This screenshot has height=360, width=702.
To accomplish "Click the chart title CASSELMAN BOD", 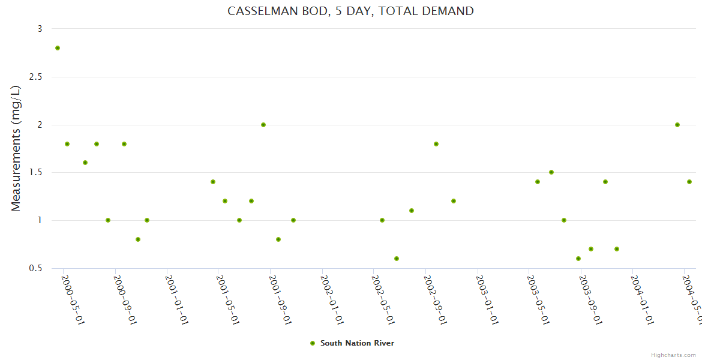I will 350,11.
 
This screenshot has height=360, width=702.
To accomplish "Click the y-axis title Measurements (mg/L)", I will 16,148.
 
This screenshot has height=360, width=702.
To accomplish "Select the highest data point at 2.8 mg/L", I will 58,48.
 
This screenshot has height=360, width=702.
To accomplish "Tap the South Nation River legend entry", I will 356,343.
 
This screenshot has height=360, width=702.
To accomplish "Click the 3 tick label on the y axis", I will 40,29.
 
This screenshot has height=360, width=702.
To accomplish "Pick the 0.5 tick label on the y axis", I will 35,268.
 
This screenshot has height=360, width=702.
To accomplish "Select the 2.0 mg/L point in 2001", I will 263,125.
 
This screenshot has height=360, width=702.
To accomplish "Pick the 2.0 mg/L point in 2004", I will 677,125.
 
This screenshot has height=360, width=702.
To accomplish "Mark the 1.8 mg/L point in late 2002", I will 436,144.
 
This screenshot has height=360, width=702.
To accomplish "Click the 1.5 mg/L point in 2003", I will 551,172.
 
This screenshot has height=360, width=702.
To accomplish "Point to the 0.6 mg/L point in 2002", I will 397,259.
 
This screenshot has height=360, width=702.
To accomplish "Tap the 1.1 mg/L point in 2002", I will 412,211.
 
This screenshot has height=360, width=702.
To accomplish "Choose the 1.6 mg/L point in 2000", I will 85,163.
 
